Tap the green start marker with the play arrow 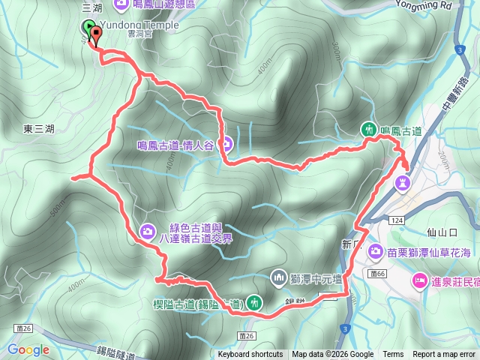89,29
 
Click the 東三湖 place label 38,129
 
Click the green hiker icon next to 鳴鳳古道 369,130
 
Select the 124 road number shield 396,219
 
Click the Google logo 28,349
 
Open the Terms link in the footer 393,355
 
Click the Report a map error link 445,355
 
